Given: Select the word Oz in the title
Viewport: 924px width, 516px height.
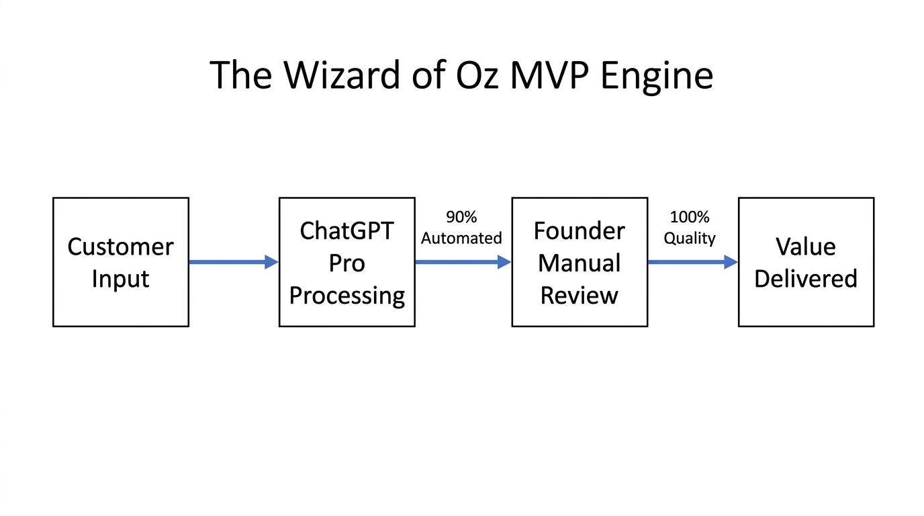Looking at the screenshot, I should pyautogui.click(x=475, y=75).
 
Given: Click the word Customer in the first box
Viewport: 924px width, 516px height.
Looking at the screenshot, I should pyautogui.click(x=120, y=247).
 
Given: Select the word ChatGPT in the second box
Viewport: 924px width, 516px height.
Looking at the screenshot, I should pyautogui.click(x=346, y=230).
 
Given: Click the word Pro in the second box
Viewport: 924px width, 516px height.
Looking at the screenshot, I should pyautogui.click(x=346, y=263).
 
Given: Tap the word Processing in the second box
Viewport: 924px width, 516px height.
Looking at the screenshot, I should pyautogui.click(x=346, y=296).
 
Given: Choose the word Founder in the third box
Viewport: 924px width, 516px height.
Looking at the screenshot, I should pyautogui.click(x=579, y=230).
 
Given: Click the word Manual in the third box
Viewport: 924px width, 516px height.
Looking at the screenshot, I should pyautogui.click(x=579, y=263).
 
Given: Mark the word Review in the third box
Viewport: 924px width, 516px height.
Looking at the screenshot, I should pyautogui.click(x=579, y=295).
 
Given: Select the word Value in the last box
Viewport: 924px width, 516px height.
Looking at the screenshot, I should pyautogui.click(x=805, y=247).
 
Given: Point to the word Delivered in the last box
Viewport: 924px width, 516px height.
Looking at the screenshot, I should pyautogui.click(x=805, y=279).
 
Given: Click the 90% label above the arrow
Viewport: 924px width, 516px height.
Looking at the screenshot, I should pyautogui.click(x=461, y=218).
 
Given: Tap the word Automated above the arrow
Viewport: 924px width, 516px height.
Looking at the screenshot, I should pyautogui.click(x=461, y=239).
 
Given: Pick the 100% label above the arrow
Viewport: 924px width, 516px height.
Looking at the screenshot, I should pyautogui.click(x=689, y=218).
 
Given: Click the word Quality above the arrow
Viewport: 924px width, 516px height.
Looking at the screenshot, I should pyautogui.click(x=689, y=239).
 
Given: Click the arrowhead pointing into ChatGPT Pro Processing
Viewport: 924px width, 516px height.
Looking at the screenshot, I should pyautogui.click(x=271, y=262).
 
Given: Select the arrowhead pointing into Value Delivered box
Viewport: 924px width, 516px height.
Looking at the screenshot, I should pyautogui.click(x=731, y=262).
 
